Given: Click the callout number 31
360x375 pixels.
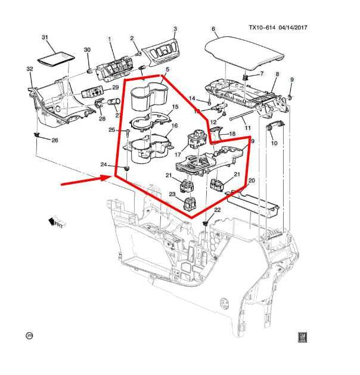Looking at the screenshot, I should point(44,37).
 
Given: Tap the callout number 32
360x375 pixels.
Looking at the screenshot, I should point(29,70).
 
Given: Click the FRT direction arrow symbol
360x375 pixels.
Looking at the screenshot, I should point(58,222).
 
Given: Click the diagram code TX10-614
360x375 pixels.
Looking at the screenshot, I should point(263,27).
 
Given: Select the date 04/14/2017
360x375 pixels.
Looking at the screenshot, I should point(299,27).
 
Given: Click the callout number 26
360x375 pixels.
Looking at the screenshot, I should point(55,141).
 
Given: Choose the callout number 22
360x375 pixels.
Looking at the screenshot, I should point(217,210).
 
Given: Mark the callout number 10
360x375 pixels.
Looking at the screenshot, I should point(274,144).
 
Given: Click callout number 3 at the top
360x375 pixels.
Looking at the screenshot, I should point(175,29).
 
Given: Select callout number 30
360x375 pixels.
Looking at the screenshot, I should point(86,50).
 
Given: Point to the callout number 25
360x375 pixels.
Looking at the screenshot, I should point(111,131).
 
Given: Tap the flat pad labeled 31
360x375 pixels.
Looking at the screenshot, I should point(54,58).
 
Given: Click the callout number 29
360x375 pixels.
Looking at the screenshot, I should point(116,87).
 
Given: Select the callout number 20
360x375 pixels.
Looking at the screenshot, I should point(251,181).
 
